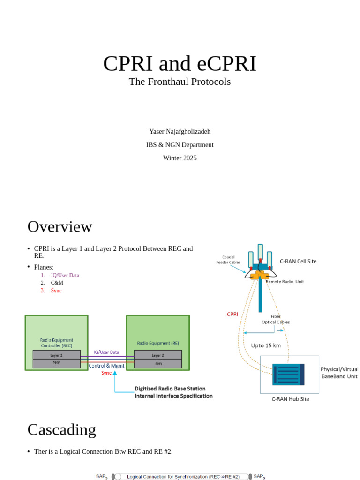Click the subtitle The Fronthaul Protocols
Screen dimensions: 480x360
coord(180,82)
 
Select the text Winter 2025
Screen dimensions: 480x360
coord(180,158)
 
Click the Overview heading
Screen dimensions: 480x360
coord(60,227)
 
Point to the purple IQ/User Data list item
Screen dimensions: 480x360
coord(65,275)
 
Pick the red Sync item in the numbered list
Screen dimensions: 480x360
coord(56,290)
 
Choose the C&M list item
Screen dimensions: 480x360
coord(57,283)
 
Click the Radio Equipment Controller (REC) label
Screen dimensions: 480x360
coord(56,343)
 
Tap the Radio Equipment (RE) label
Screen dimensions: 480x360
coord(157,343)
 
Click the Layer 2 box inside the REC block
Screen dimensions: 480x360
coord(56,355)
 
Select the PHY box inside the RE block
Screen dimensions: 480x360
coord(157,362)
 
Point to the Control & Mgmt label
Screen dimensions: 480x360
coord(106,365)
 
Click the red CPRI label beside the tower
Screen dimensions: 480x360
coord(232,314)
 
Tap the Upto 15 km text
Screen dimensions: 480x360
coord(266,345)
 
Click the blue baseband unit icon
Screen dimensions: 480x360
coord(288,375)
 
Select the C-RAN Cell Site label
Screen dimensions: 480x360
coord(298,261)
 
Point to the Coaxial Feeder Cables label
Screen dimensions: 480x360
coord(228,260)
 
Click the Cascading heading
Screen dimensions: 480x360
coord(61,430)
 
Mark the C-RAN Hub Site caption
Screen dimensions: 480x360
coord(290,399)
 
